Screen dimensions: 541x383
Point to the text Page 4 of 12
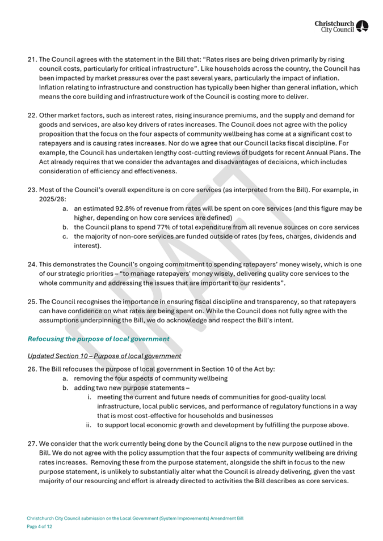tap(40, 526)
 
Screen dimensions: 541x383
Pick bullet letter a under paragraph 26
tap(66, 378)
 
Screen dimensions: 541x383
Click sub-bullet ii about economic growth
tap(89, 425)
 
